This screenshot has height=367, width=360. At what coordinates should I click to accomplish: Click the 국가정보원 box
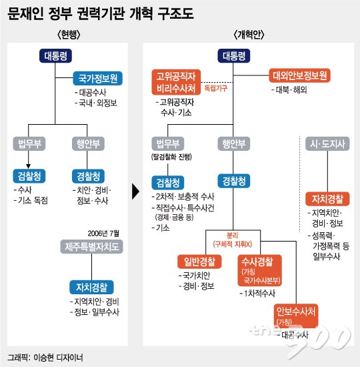point(98,79)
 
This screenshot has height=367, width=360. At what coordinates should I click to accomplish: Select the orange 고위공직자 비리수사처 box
point(176,82)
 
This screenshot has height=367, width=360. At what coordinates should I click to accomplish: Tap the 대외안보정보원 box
point(299,75)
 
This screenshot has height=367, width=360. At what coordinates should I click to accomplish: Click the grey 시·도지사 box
point(327,143)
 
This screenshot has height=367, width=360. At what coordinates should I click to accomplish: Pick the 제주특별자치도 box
point(92,247)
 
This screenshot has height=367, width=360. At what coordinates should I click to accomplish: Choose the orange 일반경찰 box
point(199,262)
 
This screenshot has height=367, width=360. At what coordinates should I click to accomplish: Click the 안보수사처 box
point(296,316)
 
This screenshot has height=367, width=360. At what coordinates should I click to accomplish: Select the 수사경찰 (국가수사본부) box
point(259,270)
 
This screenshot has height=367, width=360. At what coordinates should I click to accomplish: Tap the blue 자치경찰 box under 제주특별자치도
point(91,287)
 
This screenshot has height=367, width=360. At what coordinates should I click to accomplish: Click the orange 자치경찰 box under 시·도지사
point(327,199)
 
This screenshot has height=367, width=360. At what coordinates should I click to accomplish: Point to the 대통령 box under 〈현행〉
point(55,55)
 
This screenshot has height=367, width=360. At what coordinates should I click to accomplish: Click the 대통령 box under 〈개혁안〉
point(234,55)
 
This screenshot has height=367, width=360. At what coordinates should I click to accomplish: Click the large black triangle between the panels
point(135,192)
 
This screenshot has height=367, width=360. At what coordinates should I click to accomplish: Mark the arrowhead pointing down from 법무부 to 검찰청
point(28,166)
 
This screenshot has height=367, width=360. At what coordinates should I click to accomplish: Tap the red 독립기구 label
point(216,89)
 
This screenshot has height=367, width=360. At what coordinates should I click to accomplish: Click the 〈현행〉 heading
point(69,35)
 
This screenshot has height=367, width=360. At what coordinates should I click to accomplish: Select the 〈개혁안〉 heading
point(249,35)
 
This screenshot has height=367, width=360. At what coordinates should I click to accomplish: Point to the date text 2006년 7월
point(103,234)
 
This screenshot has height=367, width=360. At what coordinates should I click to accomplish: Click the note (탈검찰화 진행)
point(171,157)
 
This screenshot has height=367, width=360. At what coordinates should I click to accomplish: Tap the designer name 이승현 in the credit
point(43,358)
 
